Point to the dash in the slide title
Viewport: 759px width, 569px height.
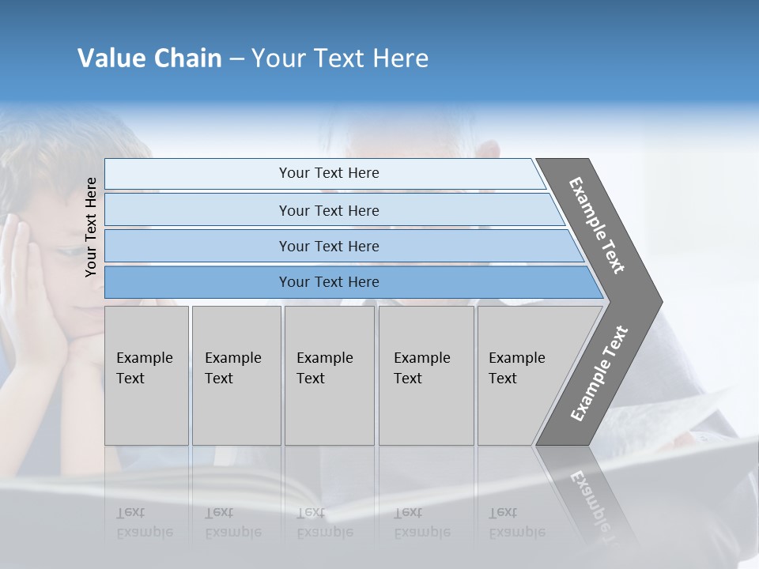click(x=236, y=59)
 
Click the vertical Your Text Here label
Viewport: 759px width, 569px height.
click(x=91, y=227)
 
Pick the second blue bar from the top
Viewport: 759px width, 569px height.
click(x=328, y=210)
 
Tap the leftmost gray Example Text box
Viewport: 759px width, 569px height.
click(x=146, y=375)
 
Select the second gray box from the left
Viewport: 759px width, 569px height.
click(x=236, y=375)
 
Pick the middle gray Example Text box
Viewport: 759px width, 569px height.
click(x=329, y=375)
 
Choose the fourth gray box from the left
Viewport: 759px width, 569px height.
click(x=426, y=375)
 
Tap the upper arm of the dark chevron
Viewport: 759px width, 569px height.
click(x=597, y=225)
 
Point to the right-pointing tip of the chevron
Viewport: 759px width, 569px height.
click(x=658, y=302)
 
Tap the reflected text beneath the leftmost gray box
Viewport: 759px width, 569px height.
click(x=144, y=522)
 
